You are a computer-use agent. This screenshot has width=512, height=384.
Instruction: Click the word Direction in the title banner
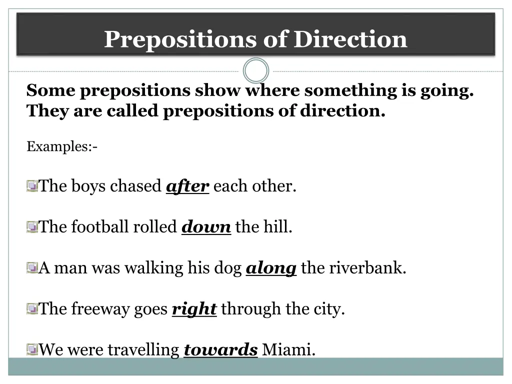pos(350,39)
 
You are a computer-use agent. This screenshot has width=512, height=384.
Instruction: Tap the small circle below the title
pos(256,71)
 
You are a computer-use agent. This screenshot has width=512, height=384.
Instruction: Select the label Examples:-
pos(61,147)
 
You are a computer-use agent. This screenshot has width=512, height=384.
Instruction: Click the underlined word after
pos(187,186)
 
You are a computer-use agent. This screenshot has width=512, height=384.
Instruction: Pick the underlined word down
pos(206,227)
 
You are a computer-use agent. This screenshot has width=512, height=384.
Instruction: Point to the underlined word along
pos(271,268)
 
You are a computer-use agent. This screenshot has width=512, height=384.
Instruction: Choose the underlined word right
pos(194,309)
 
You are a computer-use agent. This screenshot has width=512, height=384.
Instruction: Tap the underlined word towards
pos(220,350)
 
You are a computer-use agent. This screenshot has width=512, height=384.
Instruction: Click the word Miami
pos(288,350)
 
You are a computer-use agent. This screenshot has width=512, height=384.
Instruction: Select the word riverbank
pos(367,268)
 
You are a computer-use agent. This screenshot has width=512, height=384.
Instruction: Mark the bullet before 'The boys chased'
pos(32,187)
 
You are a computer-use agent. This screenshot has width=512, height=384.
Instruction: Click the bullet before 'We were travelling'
pos(32,349)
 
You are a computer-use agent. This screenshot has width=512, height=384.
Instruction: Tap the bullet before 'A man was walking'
pos(32,268)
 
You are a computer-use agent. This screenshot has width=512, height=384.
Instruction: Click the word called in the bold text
pos(132,111)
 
